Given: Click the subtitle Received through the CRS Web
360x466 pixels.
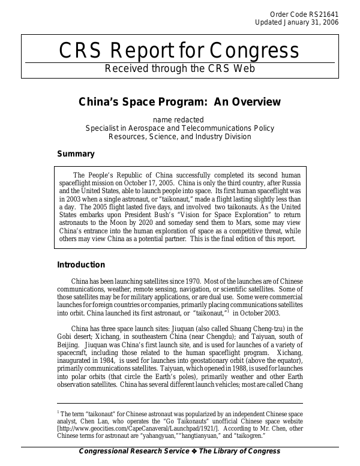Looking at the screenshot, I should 179,68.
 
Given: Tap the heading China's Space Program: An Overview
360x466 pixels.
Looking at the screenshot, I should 179,102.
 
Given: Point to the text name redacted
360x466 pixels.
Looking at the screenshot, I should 179,120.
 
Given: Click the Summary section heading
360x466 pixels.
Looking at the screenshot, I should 76,154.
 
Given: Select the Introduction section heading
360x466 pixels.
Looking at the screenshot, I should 80,264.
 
